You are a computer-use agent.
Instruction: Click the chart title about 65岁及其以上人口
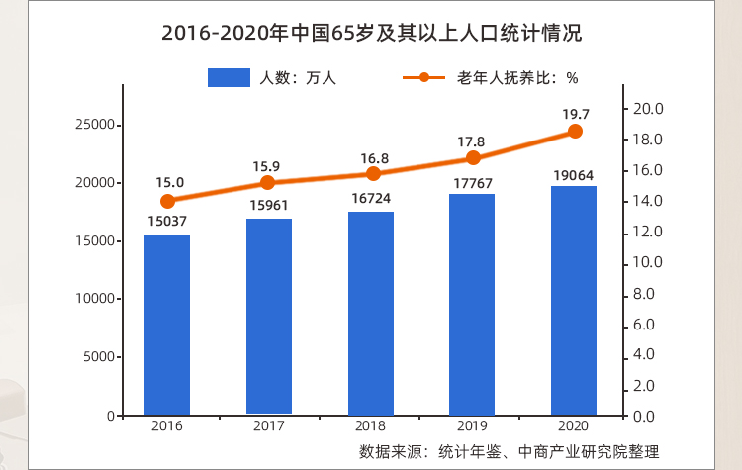pyautogui.click(x=371, y=34)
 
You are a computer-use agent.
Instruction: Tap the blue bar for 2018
pyautogui.click(x=371, y=314)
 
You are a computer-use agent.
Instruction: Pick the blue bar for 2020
pyautogui.click(x=574, y=301)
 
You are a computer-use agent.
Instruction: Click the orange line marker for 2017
pyautogui.click(x=268, y=183)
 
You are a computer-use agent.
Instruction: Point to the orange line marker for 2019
pyautogui.click(x=473, y=158)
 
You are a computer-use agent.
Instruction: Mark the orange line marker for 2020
pyautogui.click(x=575, y=132)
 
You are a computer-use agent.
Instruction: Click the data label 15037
pyautogui.click(x=167, y=221)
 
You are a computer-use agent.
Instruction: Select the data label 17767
pyautogui.click(x=473, y=180)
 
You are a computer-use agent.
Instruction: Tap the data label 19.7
pyautogui.click(x=576, y=114)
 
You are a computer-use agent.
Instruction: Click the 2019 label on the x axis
pyautogui.click(x=473, y=425)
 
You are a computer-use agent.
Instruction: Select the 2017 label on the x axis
pyautogui.click(x=269, y=425)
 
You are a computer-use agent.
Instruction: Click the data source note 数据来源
pyautogui.click(x=509, y=452)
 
